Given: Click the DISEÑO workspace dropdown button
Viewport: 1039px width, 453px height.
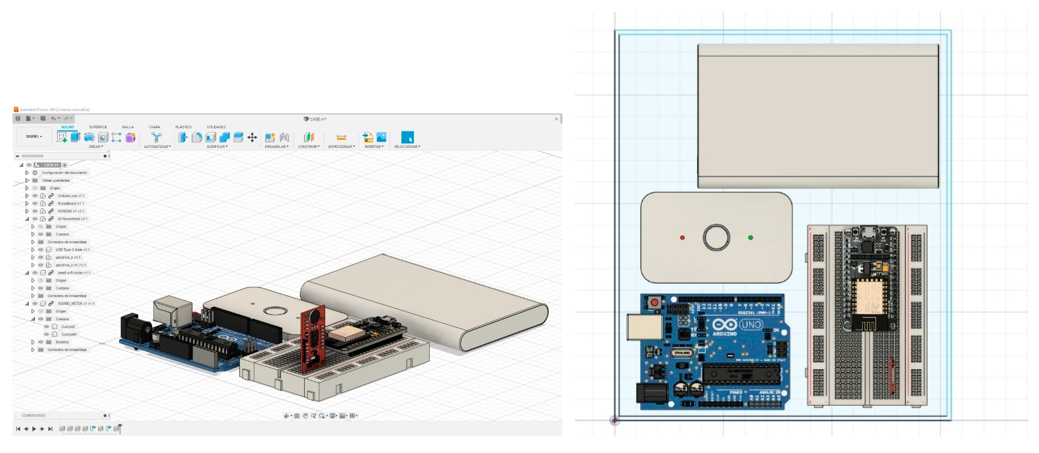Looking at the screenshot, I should click(x=34, y=137).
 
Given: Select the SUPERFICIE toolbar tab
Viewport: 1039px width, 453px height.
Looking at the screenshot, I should click(x=98, y=127).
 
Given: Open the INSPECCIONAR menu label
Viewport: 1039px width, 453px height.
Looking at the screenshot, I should click(x=341, y=147).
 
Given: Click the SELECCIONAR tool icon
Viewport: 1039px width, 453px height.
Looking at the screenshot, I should click(x=407, y=137).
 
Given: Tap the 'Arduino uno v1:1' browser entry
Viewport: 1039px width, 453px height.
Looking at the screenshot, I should click(x=71, y=196).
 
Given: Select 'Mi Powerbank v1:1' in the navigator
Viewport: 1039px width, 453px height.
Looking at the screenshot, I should click(x=72, y=219).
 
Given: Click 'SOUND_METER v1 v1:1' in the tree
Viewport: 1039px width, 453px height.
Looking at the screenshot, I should click(x=76, y=303).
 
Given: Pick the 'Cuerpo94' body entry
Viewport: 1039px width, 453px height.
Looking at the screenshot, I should click(x=69, y=335).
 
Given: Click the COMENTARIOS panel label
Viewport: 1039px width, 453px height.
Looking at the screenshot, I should click(x=34, y=416).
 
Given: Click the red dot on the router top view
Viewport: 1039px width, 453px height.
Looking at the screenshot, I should click(x=682, y=238).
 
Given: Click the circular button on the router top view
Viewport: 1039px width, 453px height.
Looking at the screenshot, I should click(x=716, y=238).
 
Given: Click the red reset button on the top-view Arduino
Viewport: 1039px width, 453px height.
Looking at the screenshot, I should click(x=654, y=302).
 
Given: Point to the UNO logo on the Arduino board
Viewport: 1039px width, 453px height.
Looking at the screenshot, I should click(x=751, y=324).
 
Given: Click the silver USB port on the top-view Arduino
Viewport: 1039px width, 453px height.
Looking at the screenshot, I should click(x=644, y=327).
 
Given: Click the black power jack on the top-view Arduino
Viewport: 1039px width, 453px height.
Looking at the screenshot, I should click(x=650, y=393).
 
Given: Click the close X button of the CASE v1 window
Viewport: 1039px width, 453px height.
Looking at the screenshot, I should click(x=556, y=119).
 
